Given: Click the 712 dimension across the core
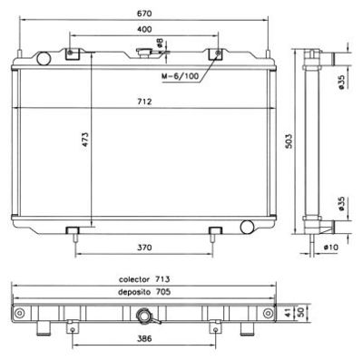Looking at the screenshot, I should point(144,102).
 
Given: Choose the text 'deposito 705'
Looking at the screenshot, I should point(142,292).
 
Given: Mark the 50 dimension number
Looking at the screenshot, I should point(299,313).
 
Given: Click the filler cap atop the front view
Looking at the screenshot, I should point(145,54).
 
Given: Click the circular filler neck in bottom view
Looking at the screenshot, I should point(143,316).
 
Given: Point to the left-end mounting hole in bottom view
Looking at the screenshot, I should point(18,314).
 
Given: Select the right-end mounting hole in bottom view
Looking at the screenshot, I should point(270,314).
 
